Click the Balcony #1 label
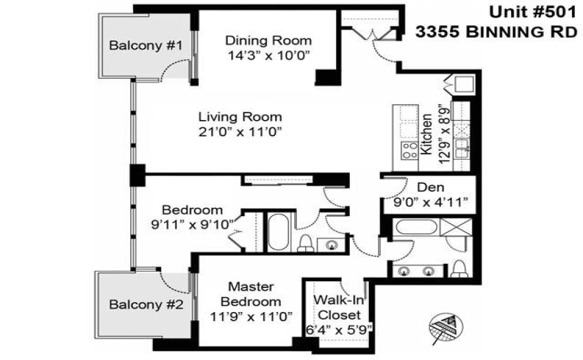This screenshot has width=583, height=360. (x=145, y=46)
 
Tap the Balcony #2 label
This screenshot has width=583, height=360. (x=146, y=305)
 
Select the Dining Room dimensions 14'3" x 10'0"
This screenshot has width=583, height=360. (x=269, y=56)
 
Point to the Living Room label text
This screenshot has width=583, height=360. (x=240, y=117)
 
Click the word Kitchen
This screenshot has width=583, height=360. (x=426, y=134)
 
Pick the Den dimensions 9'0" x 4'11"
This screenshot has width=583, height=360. (x=431, y=202)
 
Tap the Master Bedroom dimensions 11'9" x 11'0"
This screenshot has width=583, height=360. (x=251, y=317)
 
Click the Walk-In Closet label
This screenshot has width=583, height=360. (x=339, y=307)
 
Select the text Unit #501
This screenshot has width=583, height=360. (x=532, y=12)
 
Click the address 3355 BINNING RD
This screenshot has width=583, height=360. (x=496, y=32)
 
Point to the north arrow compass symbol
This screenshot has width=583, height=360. (x=447, y=326)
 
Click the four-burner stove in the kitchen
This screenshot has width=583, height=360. (x=409, y=151)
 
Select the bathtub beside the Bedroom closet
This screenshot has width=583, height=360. (x=278, y=232)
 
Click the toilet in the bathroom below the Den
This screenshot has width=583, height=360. (x=460, y=269)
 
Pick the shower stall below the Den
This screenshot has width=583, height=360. (x=456, y=227)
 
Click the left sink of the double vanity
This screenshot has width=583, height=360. (x=403, y=271)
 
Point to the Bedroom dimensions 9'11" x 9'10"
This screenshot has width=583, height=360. (x=192, y=225)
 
